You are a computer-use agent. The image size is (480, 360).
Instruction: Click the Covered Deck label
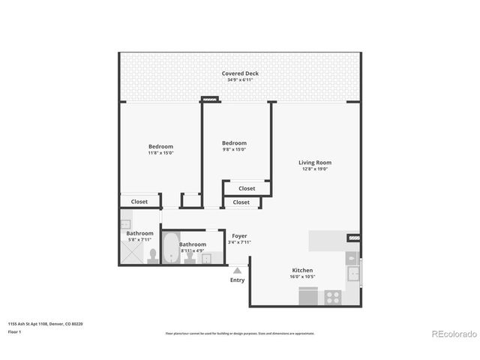[x=240, y=73]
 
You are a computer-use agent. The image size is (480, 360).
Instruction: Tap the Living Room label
[x=314, y=163]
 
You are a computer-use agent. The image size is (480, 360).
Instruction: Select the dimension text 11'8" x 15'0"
[x=160, y=153]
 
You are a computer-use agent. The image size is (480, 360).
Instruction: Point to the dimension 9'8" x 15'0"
[x=234, y=149]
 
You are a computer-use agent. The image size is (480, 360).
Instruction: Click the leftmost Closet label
[x=139, y=202]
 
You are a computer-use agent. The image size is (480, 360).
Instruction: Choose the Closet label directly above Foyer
[x=241, y=202]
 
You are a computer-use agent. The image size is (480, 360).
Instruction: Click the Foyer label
[x=239, y=236]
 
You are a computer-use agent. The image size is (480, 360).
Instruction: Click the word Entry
[x=237, y=280]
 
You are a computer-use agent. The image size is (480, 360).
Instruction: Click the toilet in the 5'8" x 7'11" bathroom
[x=151, y=256]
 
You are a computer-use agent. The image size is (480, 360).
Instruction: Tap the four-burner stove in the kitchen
[x=332, y=297]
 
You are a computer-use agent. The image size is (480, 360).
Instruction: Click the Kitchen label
[x=302, y=270]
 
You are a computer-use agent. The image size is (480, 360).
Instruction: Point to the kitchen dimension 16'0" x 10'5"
[x=302, y=277]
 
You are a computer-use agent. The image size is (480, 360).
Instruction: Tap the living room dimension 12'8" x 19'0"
[x=314, y=169]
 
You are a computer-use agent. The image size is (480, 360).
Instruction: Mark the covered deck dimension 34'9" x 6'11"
[x=240, y=79]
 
